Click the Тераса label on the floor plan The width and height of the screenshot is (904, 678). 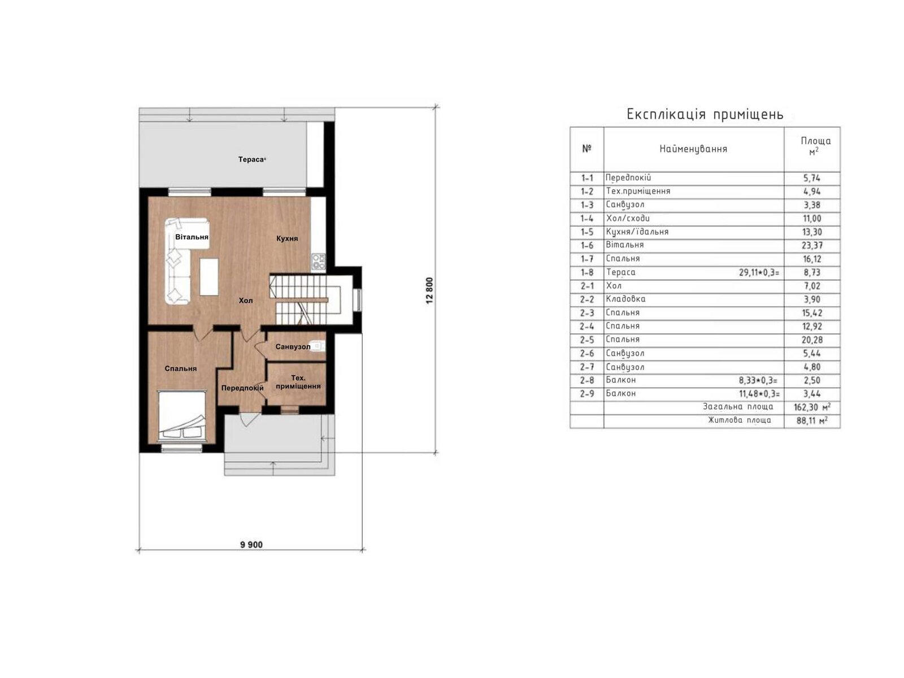(250, 159)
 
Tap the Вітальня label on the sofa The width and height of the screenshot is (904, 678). (192, 237)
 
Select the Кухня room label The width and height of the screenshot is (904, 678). (287, 238)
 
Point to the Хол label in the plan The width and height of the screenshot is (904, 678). (246, 301)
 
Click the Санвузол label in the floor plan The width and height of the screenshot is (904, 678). (293, 346)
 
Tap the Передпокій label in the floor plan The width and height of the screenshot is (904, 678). (242, 388)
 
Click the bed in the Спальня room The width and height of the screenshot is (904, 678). (181, 415)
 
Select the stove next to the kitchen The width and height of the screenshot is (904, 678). (319, 261)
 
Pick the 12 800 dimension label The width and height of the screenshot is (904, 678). (429, 292)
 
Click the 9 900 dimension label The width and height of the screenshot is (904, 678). (251, 545)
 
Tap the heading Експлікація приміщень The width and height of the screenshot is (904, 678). (705, 114)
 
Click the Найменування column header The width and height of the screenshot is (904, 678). (693, 149)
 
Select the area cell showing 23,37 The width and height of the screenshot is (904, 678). (812, 245)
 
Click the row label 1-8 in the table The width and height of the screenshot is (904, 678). (587, 272)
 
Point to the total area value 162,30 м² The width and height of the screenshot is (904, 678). (812, 407)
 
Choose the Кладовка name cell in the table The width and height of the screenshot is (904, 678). (625, 299)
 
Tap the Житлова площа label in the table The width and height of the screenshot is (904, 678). (740, 420)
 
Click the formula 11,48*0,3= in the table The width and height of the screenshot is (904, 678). (759, 394)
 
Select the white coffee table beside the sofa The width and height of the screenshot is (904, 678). (209, 276)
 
